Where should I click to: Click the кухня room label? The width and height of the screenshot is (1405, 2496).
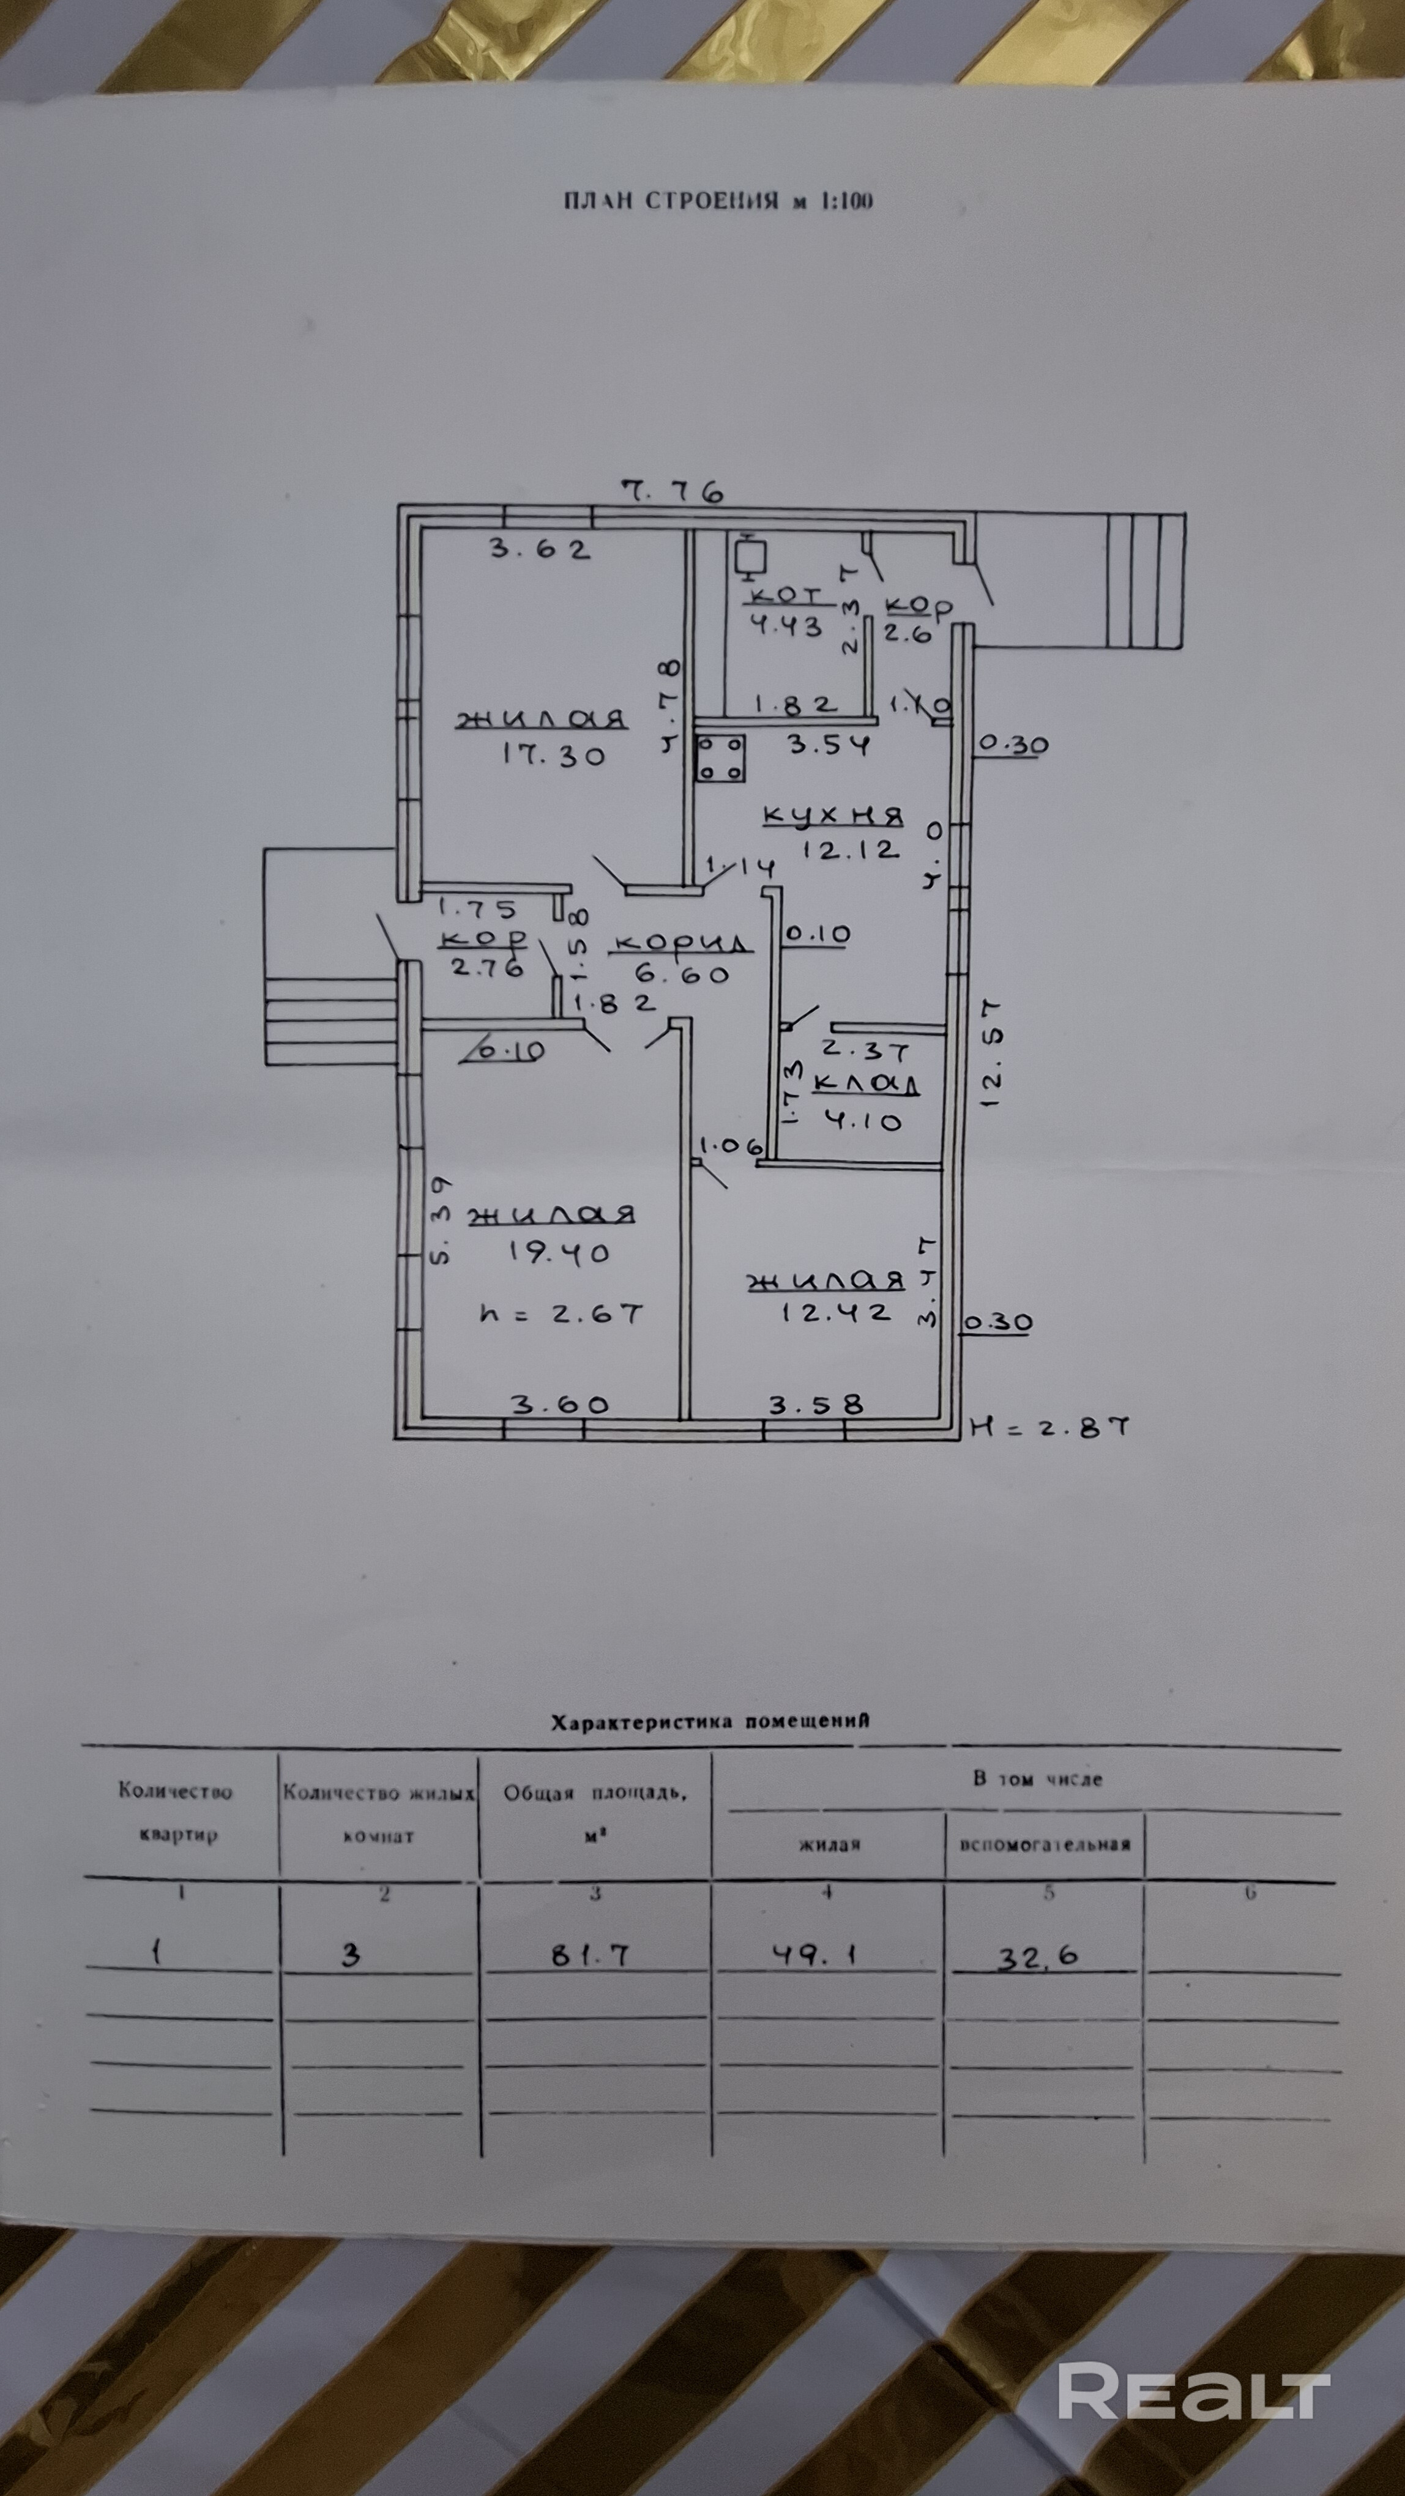833,816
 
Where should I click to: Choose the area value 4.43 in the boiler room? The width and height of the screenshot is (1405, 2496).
786,626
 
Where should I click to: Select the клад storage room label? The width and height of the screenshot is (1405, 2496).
865,1084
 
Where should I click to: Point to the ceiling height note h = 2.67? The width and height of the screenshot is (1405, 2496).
561,1315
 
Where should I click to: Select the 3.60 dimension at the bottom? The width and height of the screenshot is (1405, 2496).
559,1403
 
